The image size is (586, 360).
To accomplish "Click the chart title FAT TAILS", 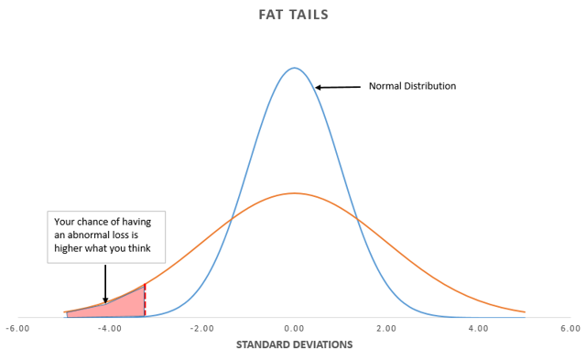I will click(293, 16).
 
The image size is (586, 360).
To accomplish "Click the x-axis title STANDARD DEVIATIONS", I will click(293, 345).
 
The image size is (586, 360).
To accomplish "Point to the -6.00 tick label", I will click(17, 328).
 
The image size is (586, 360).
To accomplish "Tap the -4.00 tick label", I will click(109, 328).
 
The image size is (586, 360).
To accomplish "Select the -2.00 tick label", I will click(201, 328).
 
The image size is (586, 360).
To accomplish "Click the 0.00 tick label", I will click(294, 328).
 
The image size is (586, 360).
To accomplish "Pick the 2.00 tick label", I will click(385, 328).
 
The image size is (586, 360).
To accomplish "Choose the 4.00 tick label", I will click(478, 328).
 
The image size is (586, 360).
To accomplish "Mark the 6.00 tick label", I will click(570, 328).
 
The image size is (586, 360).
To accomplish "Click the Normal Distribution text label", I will click(412, 86).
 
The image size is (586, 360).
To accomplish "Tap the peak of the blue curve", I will click(294, 68).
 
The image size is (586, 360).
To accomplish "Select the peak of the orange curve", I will click(294, 193).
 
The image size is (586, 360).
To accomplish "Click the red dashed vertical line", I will click(145, 300).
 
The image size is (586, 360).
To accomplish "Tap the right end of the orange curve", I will click(525, 311).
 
